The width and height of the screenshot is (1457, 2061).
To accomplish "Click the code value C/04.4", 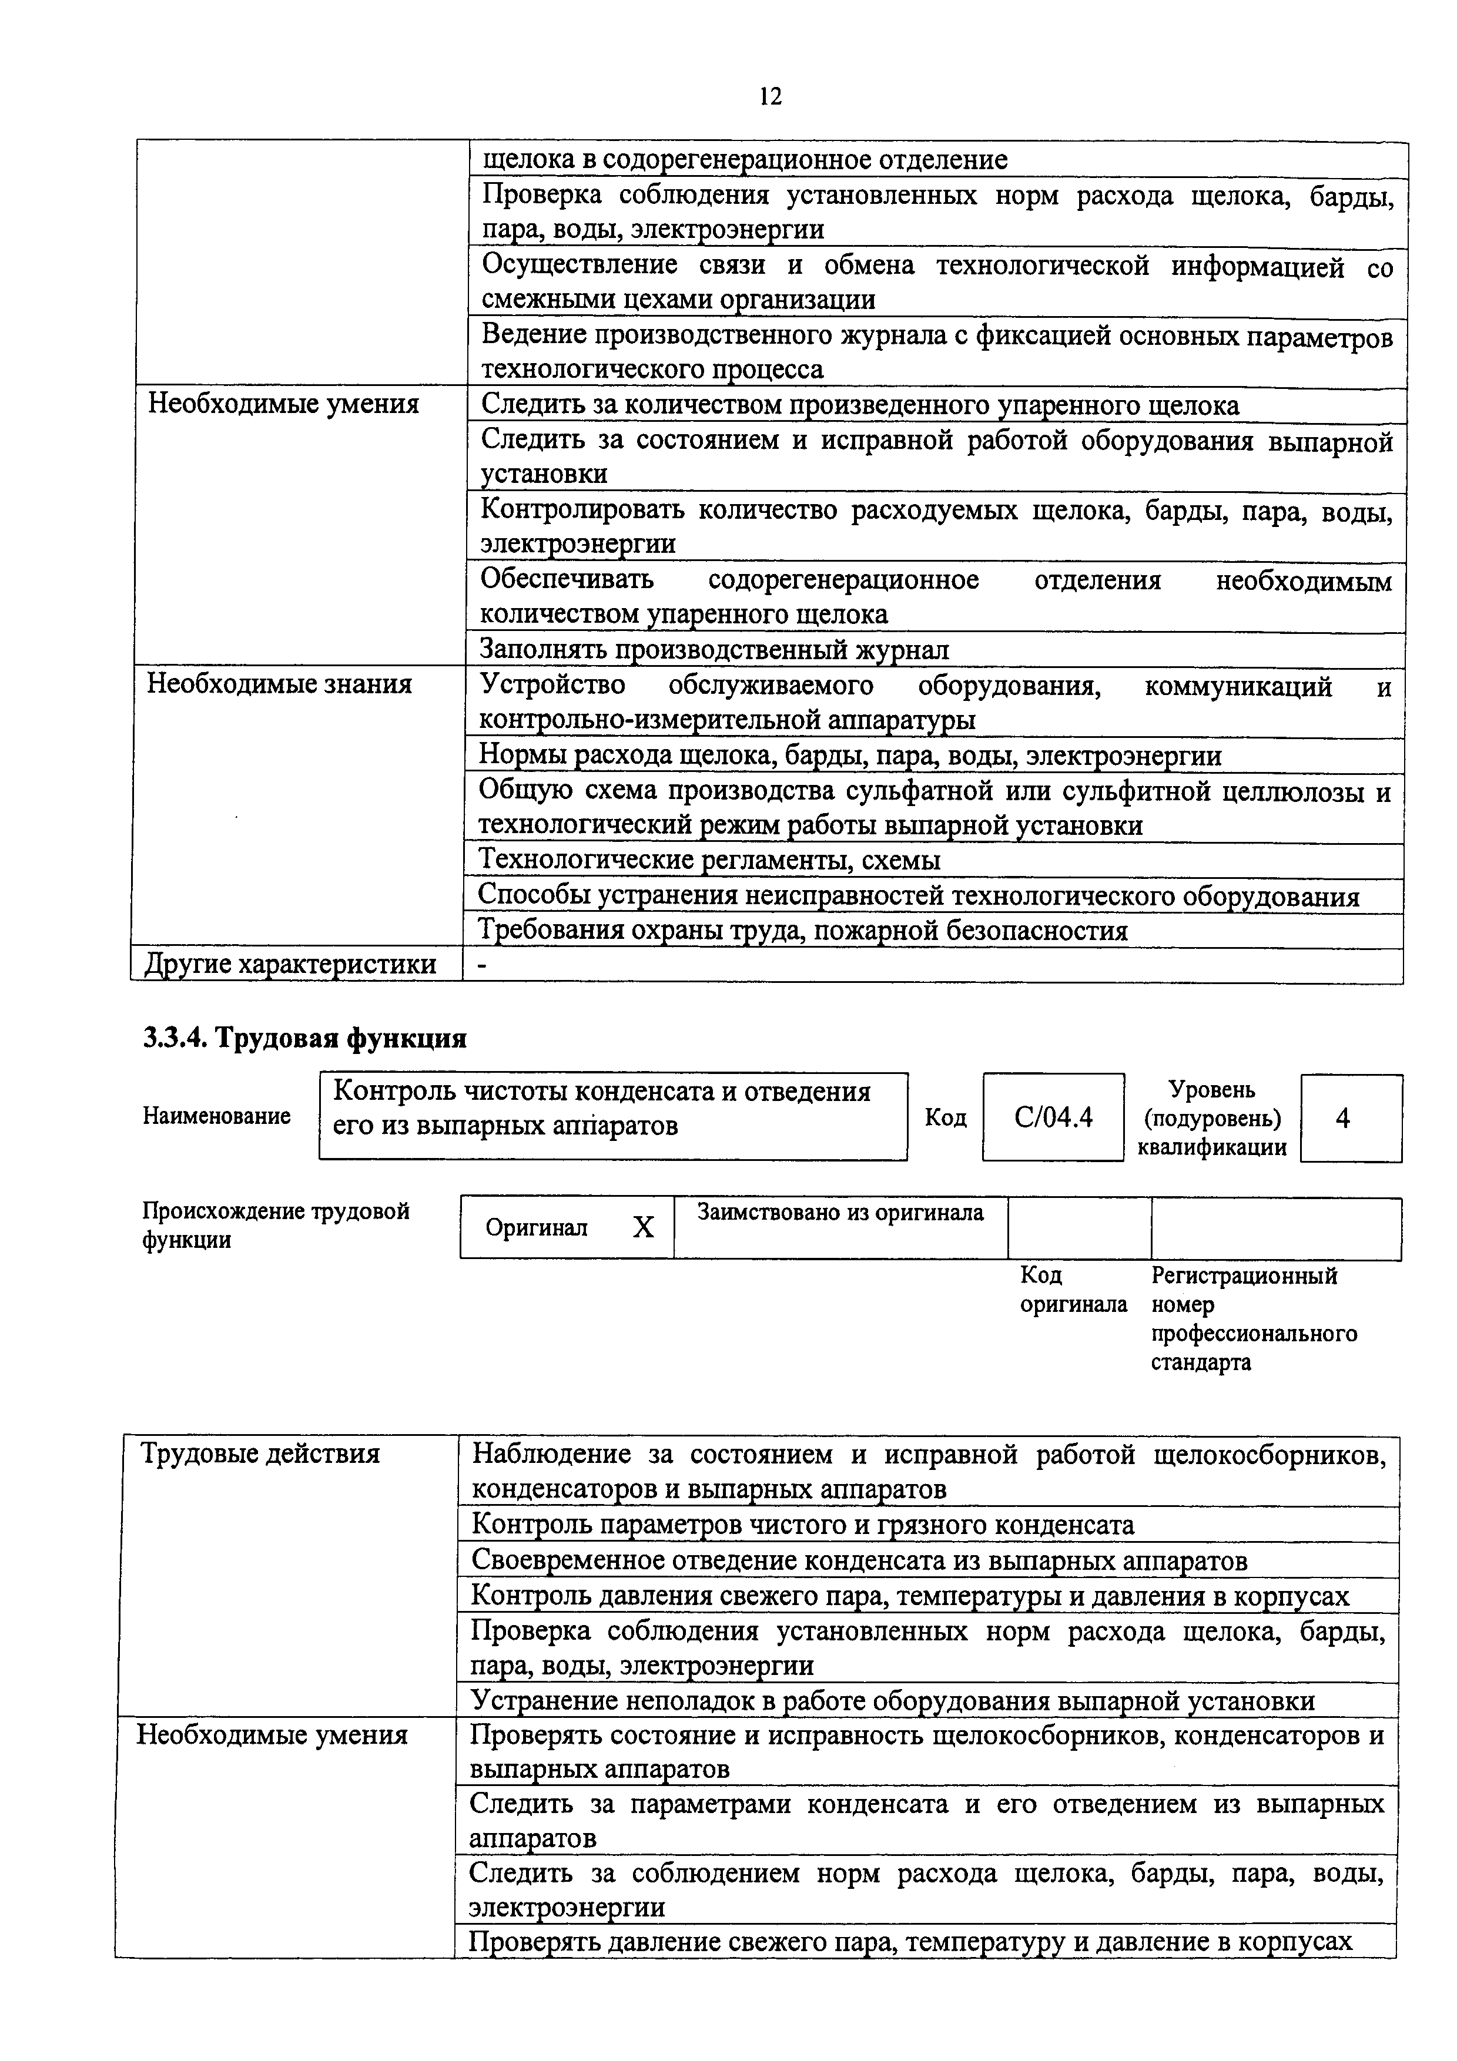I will click(x=1053, y=1117).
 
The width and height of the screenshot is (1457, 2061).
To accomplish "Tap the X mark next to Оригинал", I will click(x=643, y=1228).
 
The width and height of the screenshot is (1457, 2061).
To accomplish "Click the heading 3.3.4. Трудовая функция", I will click(x=304, y=1039).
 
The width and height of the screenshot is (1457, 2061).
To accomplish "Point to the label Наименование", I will click(x=216, y=1116).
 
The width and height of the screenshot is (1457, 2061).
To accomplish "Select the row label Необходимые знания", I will click(x=279, y=684).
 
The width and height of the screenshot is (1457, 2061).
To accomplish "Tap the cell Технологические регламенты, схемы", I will click(x=709, y=860).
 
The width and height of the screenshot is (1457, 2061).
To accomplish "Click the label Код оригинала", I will click(x=1073, y=1290).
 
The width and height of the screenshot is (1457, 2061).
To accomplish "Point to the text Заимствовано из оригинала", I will click(x=840, y=1213).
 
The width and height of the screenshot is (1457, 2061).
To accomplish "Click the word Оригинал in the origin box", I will click(x=536, y=1228).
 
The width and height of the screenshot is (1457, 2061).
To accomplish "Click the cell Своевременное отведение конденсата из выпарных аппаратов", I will click(x=859, y=1560).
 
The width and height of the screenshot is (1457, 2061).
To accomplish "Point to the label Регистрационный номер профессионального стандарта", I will click(x=1253, y=1318).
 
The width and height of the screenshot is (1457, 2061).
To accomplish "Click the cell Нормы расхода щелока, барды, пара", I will click(x=849, y=756).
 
